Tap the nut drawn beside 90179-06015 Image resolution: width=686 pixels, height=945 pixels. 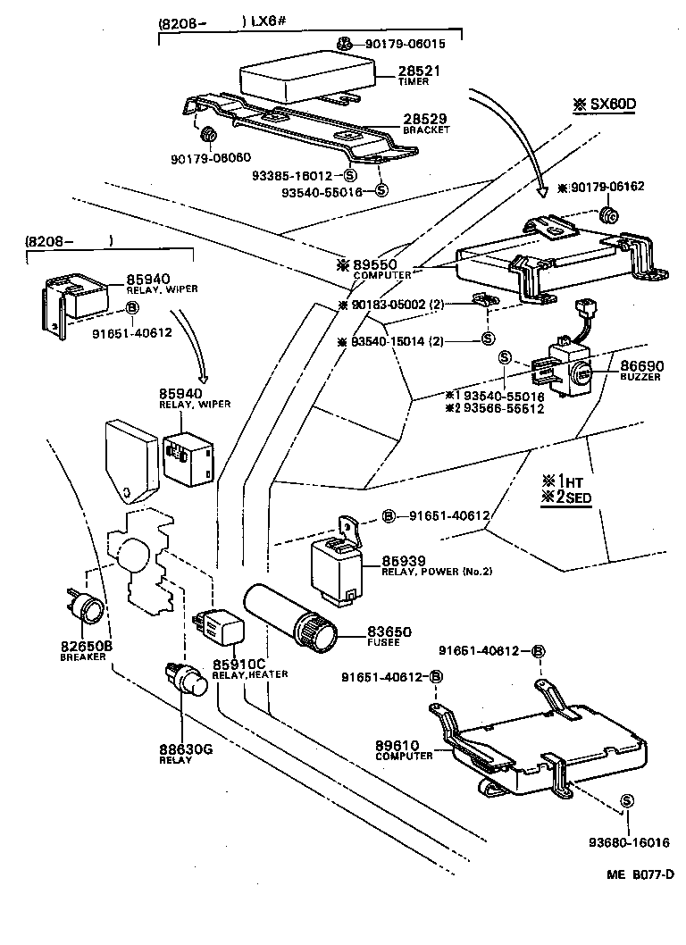pyautogui.click(x=345, y=44)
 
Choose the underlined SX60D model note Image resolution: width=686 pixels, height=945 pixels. pyautogui.click(x=604, y=104)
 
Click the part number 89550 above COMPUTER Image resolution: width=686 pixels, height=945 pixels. pyautogui.click(x=376, y=264)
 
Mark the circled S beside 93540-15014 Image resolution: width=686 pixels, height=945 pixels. pyautogui.click(x=488, y=339)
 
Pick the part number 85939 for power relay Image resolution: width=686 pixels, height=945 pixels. pyautogui.click(x=402, y=560)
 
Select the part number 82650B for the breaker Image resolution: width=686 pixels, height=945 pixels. pyautogui.click(x=85, y=645)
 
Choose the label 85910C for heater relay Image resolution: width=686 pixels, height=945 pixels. pyautogui.click(x=238, y=663)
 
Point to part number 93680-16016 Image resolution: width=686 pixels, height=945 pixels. pyautogui.click(x=629, y=841)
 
